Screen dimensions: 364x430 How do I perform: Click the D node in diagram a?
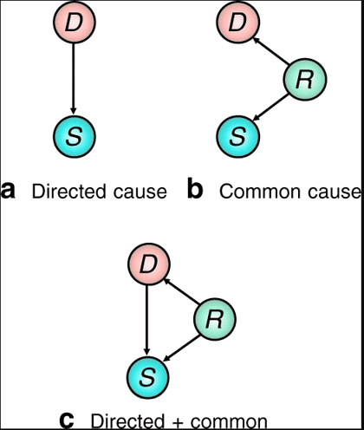coord(75,22)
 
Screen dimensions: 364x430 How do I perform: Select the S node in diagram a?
coord(75,136)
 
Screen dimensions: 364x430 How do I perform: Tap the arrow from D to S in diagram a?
coord(74,79)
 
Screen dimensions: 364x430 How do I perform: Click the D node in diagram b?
coord(238,22)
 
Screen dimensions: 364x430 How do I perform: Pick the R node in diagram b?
coord(305,79)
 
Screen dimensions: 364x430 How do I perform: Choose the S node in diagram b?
coord(238,136)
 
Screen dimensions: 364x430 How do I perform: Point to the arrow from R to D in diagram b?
coord(270,51)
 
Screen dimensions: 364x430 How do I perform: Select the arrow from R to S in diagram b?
coord(270,107)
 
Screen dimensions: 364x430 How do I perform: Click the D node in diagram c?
coord(148,264)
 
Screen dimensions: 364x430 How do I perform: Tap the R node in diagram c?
coord(215,319)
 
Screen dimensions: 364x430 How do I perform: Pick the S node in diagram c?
coord(148,378)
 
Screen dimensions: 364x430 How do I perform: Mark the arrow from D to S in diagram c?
coord(147,320)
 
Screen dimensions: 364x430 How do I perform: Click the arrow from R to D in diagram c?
coord(181,291)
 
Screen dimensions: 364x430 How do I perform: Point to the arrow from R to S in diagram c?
coord(181,348)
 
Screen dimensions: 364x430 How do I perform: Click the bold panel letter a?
coord(8,191)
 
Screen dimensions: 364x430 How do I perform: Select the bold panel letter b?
coord(195,188)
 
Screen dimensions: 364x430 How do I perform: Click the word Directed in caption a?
coord(68,191)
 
